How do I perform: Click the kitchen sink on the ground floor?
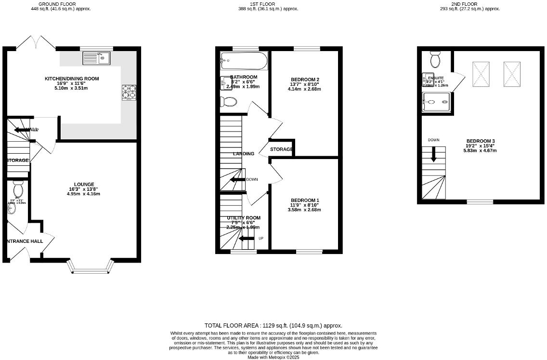pos(96,59)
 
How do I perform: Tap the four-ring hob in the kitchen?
pos(129,92)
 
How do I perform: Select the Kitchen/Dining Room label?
pos(72,78)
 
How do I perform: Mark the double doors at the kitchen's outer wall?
pos(36,43)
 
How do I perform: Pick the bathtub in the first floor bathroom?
pos(243,61)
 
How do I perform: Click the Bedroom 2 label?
pos(305,80)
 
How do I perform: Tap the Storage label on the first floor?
pos(281,149)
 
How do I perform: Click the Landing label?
pos(244,154)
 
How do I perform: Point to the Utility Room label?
pos(244,218)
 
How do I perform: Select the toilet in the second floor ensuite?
pos(435,61)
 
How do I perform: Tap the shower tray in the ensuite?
pos(436,102)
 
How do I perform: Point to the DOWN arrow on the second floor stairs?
pos(433,154)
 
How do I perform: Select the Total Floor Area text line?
pos(273,326)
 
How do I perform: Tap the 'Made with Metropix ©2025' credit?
pos(273,357)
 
